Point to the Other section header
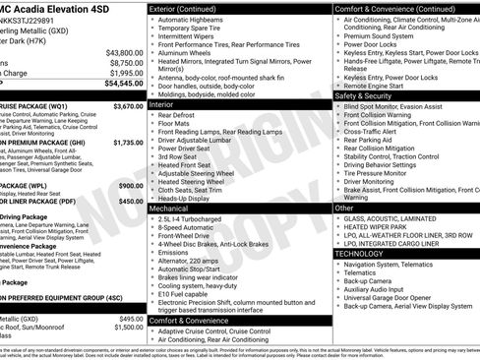click(344, 209)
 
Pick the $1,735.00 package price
click(128, 143)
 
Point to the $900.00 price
click(131, 185)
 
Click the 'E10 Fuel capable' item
click(189, 293)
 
